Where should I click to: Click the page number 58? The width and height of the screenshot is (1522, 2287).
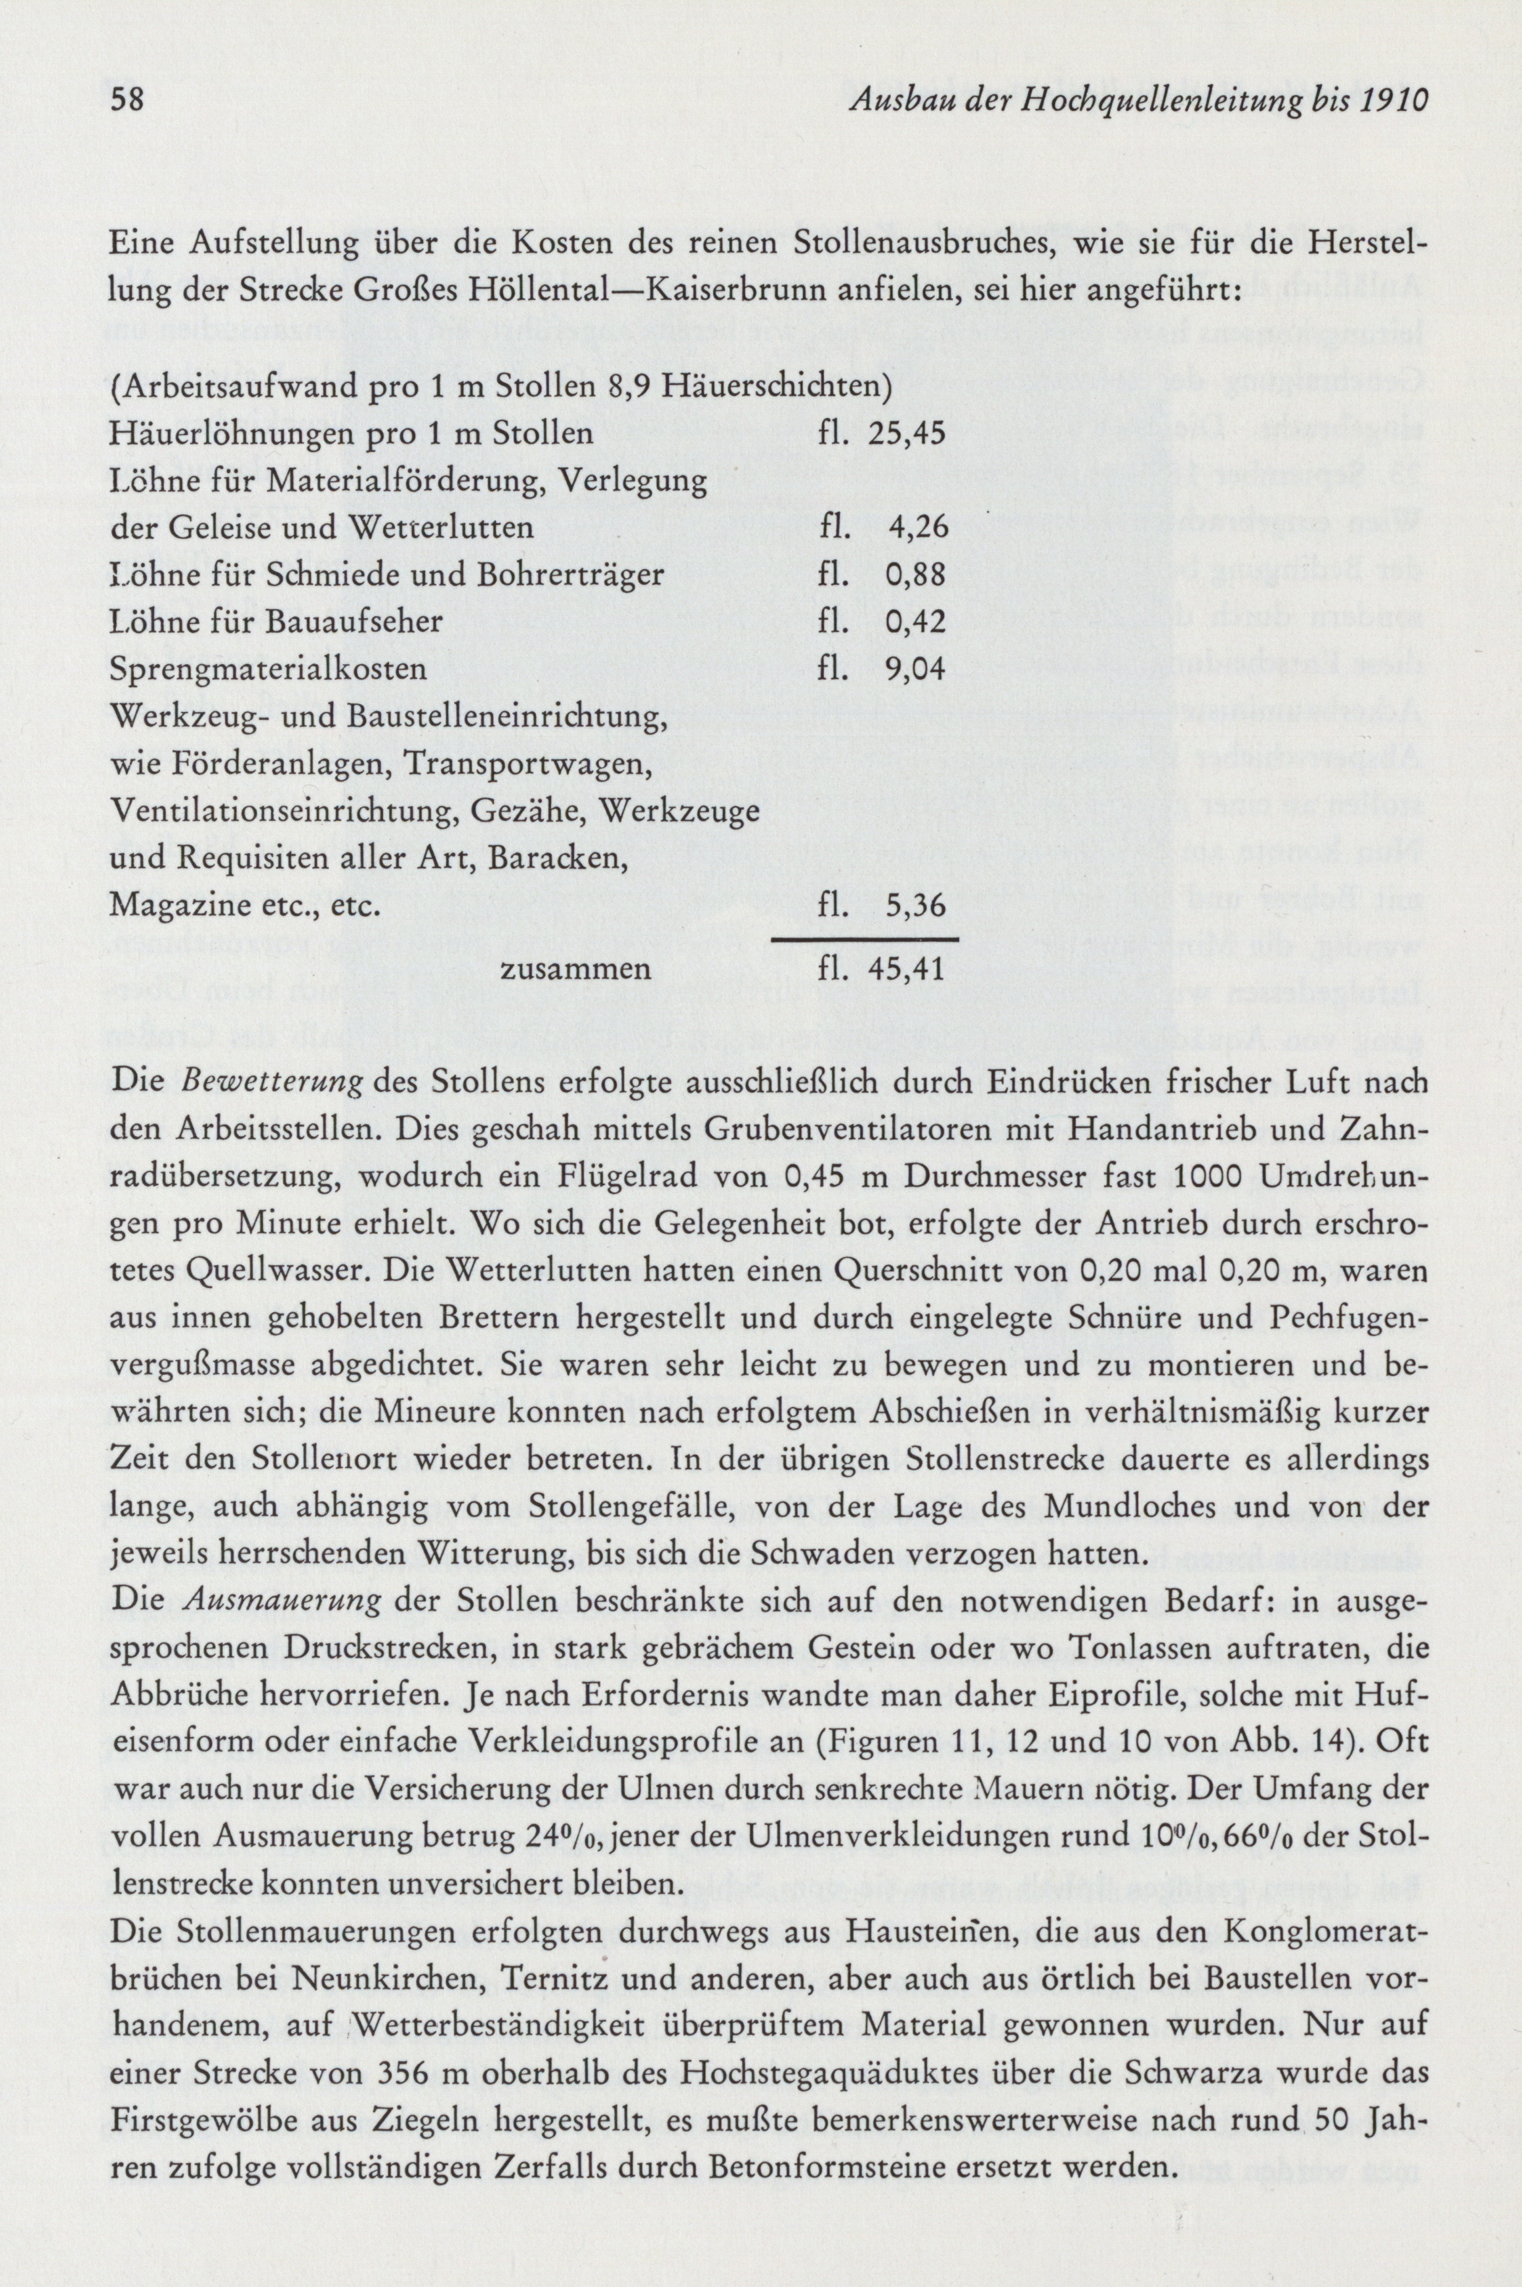click(x=127, y=100)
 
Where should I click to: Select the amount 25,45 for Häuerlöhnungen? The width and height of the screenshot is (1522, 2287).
click(x=907, y=434)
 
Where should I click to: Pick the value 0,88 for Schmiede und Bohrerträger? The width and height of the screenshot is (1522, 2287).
click(x=917, y=575)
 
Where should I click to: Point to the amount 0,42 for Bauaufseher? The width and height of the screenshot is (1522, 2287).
click(x=917, y=622)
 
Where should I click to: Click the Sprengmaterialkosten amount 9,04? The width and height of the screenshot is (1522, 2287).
click(x=917, y=670)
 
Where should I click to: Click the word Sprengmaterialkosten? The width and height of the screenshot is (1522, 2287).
click(x=269, y=671)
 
